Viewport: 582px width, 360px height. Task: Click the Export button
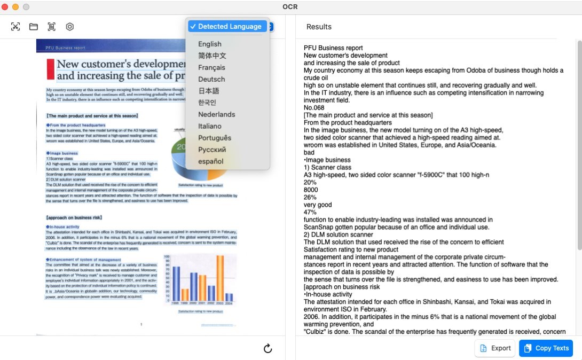[x=495, y=348]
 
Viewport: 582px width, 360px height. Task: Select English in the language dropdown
[x=209, y=44]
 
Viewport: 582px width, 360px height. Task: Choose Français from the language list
[x=211, y=68]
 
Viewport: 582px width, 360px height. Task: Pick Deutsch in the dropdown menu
[x=211, y=80]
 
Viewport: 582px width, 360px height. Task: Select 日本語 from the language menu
[x=208, y=91]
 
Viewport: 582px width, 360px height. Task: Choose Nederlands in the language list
[x=216, y=115]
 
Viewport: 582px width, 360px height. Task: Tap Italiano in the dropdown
[x=209, y=127]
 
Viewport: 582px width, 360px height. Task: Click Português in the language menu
[x=215, y=138]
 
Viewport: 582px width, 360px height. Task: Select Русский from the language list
[x=212, y=150]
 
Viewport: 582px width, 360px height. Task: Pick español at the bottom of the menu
[x=210, y=162]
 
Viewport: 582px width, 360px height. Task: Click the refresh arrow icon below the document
[x=268, y=349]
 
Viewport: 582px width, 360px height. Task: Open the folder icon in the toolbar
[x=33, y=27]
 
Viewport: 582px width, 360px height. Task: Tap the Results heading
[x=319, y=27]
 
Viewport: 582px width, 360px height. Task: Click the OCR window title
[x=290, y=7]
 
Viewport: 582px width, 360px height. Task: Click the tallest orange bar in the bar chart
[x=219, y=278]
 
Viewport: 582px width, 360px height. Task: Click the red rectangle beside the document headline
[x=51, y=69]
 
